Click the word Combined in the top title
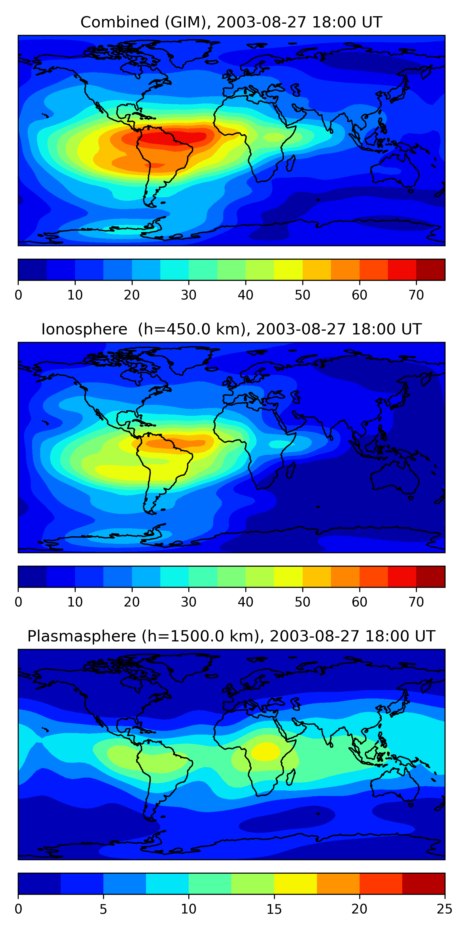pyautogui.click(x=120, y=22)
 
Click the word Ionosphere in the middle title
pyautogui.click(x=84, y=329)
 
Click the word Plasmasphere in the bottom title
pyautogui.click(x=81, y=637)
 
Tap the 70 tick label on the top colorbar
pyautogui.click(x=416, y=295)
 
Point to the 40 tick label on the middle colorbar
pyautogui.click(x=245, y=602)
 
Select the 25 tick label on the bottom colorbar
pyautogui.click(x=445, y=909)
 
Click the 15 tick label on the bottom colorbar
pyautogui.click(x=274, y=909)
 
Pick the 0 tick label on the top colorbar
pyautogui.click(x=18, y=295)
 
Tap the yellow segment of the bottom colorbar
pyautogui.click(x=295, y=884)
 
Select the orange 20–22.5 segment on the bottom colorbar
pyautogui.click(x=381, y=884)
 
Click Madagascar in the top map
pyautogui.click(x=290, y=163)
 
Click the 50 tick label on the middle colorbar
pyautogui.click(x=302, y=602)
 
